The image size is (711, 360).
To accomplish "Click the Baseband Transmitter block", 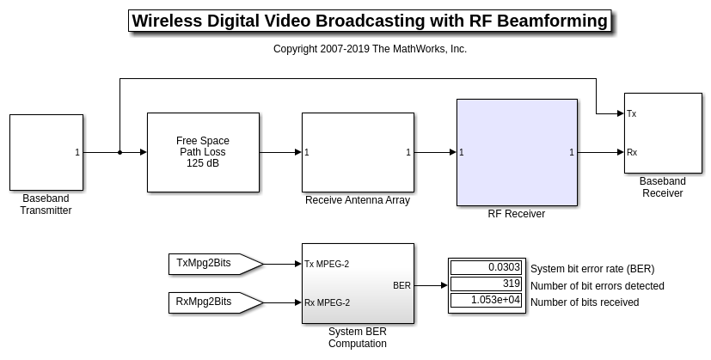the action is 46,152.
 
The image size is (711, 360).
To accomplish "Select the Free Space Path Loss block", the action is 203,152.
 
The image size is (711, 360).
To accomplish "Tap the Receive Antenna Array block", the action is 358,152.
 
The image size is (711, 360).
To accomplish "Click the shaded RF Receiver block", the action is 517,152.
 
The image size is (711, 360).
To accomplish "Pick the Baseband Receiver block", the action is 663,133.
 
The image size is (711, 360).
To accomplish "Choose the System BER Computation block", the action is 358,284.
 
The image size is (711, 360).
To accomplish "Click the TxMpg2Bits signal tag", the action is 216,264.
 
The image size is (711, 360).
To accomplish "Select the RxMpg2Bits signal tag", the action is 216,302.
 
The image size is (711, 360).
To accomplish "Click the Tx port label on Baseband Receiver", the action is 632,113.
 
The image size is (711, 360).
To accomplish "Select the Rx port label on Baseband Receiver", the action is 632,152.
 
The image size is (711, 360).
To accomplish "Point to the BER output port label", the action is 401,285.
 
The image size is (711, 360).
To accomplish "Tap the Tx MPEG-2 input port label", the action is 327,264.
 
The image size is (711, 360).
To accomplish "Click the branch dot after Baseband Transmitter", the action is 120,152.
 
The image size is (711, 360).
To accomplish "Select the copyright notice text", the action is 370,49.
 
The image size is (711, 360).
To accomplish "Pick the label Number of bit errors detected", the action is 598,286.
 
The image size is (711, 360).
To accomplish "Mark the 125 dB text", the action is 203,163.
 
